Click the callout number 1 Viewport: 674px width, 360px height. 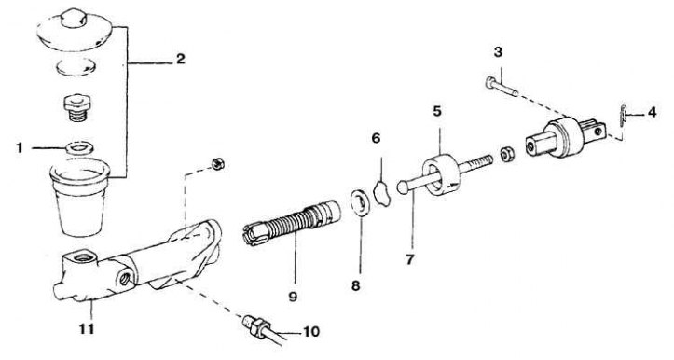[x=20, y=148]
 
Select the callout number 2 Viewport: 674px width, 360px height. [x=181, y=59]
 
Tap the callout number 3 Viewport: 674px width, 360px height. [x=498, y=52]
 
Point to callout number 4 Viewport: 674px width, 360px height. [x=652, y=113]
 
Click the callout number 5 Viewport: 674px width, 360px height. [x=437, y=111]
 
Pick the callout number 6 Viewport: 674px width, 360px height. [x=376, y=138]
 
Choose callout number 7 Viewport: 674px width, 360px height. [x=409, y=260]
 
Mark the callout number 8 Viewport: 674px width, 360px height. [x=355, y=285]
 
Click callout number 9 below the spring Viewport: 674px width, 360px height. [x=293, y=297]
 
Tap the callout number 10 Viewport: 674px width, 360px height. [x=311, y=332]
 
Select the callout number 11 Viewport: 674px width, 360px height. [x=87, y=329]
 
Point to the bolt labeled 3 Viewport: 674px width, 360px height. [x=502, y=87]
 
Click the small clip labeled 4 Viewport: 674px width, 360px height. [x=622, y=116]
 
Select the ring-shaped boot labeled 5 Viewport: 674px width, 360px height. [x=441, y=175]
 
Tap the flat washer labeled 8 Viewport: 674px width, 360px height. [x=360, y=201]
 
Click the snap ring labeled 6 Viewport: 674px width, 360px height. [x=381, y=193]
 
